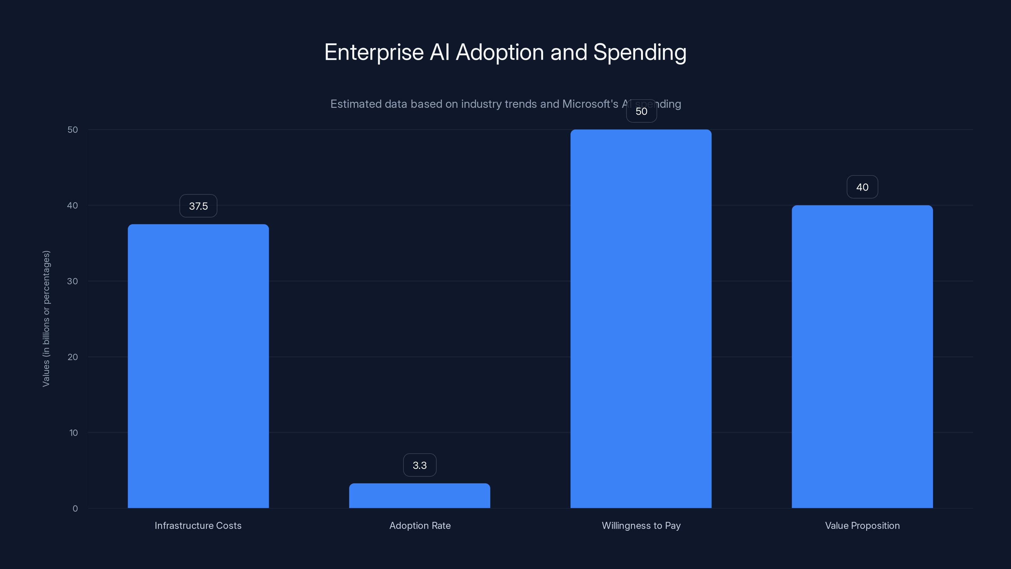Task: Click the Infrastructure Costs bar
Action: pos(198,366)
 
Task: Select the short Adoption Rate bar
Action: pos(420,496)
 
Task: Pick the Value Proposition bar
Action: pos(862,357)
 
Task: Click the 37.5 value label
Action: pos(198,206)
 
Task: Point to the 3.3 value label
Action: pos(420,465)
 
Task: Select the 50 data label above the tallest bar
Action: pos(641,111)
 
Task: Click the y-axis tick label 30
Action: pos(73,281)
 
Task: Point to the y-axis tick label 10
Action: pos(73,433)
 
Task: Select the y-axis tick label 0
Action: pos(75,509)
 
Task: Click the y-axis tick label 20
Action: pos(73,357)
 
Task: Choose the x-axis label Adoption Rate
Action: pos(420,525)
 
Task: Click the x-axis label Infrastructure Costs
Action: pos(198,525)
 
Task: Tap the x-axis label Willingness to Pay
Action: pos(641,525)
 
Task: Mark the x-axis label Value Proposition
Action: pos(862,525)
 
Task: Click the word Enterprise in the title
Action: pos(374,52)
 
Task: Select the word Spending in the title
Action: pos(640,52)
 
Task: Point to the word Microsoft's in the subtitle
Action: pos(590,104)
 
